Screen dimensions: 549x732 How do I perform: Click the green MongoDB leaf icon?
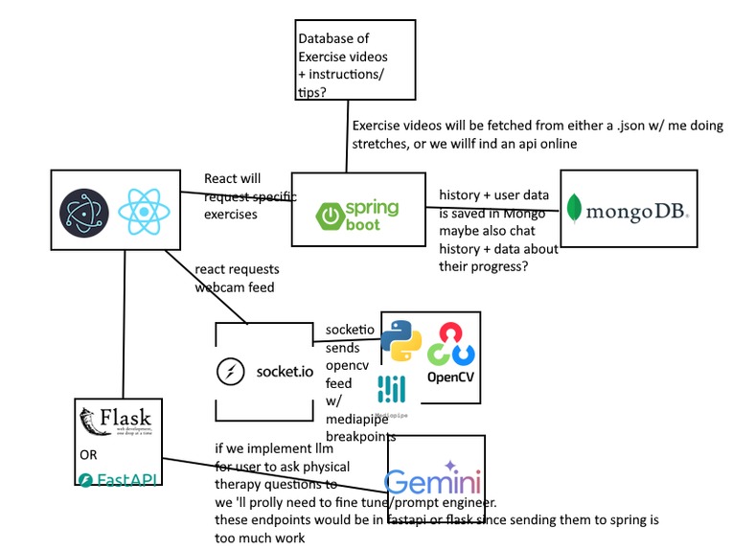tap(575, 209)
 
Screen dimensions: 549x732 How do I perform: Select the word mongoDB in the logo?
tap(637, 210)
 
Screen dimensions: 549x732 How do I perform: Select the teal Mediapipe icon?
tap(391, 388)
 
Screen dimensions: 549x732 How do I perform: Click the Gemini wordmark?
tap(433, 481)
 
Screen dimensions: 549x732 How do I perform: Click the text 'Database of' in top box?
tap(331, 39)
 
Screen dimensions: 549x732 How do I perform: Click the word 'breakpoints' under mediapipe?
tap(360, 436)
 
